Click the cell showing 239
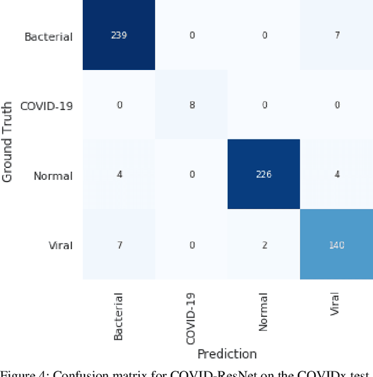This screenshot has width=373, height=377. coord(118,36)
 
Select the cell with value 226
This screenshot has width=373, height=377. coord(263,174)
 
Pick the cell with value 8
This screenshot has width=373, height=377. coord(191,106)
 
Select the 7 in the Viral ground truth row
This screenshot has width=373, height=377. coord(118,245)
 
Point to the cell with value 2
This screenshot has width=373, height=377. coord(263,245)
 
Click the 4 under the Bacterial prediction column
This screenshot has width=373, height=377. coord(118,174)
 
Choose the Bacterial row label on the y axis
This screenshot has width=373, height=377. coord(48,36)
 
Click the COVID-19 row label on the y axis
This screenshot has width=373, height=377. coord(46,106)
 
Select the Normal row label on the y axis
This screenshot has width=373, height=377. coord(53,175)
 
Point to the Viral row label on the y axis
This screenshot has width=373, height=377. coord(61,245)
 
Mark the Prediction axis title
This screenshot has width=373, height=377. coord(227,354)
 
